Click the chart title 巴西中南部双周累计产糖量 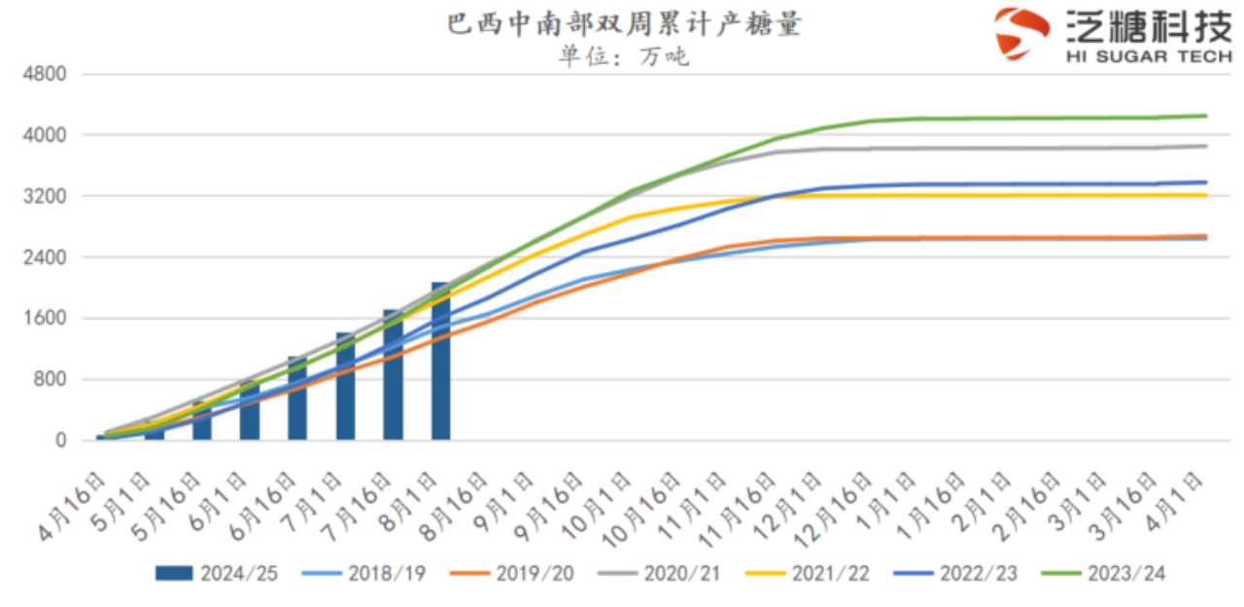coord(624,23)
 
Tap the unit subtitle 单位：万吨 coord(623,56)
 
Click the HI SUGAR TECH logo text coord(1148,57)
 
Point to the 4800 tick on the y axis coord(46,74)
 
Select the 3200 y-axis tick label coord(46,196)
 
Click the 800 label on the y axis coord(51,380)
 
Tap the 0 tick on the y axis coord(60,441)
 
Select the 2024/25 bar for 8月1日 coord(441,361)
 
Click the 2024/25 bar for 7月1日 coord(345,387)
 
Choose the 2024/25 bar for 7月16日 coord(393,375)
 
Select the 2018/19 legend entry coord(366,574)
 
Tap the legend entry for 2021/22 coord(811,574)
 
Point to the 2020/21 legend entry coord(662,574)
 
